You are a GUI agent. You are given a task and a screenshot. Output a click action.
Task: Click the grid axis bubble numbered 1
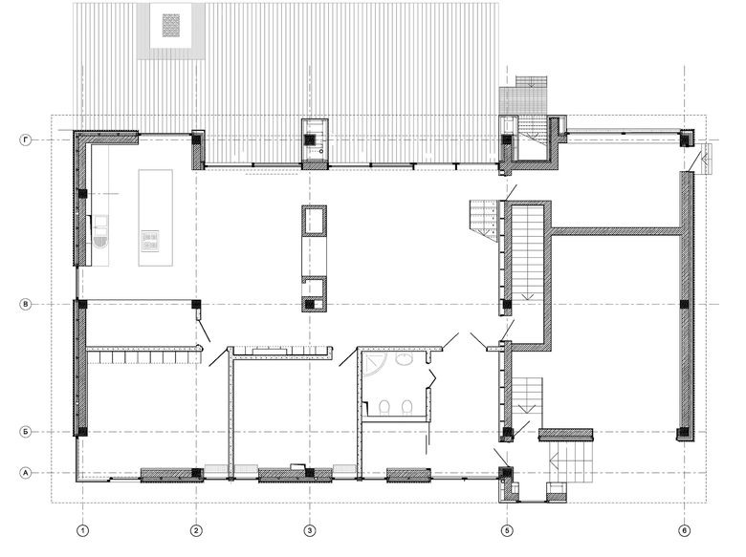(83, 530)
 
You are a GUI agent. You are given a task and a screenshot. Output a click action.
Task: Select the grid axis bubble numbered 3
(310, 530)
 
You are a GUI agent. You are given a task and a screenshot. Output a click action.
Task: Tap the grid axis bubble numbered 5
(507, 530)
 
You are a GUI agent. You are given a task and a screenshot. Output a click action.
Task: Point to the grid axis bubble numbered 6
(684, 530)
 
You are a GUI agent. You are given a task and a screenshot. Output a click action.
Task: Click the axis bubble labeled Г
(26, 139)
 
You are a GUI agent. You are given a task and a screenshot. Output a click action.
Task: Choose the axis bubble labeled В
(26, 304)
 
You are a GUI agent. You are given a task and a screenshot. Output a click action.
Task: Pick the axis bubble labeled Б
(26, 432)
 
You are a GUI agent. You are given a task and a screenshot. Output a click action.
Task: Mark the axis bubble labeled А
(26, 473)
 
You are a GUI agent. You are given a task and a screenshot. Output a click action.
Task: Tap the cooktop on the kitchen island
(150, 241)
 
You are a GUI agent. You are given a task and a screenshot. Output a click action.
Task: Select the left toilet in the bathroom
(384, 407)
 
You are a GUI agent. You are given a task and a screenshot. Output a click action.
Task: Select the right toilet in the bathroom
(406, 407)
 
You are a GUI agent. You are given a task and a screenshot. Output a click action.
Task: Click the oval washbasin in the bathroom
(405, 359)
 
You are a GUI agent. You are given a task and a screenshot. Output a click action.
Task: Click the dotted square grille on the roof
(171, 25)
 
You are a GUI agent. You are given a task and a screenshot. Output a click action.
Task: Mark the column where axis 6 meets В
(684, 304)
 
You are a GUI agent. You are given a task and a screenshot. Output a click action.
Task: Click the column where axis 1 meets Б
(83, 432)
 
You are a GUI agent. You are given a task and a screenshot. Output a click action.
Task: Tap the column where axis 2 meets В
(196, 304)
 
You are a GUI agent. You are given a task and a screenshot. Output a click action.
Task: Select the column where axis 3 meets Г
(310, 139)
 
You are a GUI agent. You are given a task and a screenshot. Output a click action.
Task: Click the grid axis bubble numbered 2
(196, 530)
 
